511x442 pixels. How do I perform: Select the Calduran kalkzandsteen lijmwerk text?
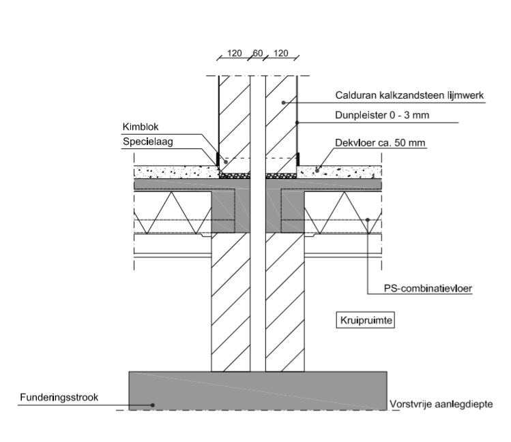(410, 96)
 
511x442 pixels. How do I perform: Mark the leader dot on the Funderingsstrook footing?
(153, 405)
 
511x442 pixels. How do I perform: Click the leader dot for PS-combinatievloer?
(368, 219)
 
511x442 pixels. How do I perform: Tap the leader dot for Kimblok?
(225, 163)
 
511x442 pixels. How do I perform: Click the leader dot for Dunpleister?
(297, 123)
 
